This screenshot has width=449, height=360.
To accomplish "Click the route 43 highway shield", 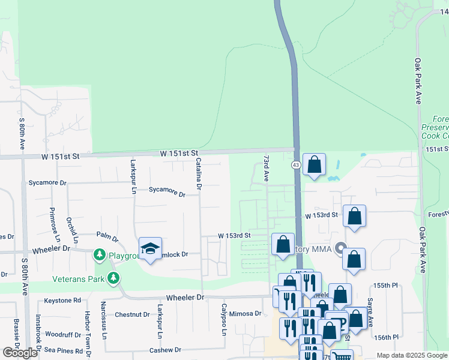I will [296, 164].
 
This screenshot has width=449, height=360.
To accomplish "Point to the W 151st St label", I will [179, 154].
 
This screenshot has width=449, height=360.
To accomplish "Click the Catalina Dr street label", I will [199, 174].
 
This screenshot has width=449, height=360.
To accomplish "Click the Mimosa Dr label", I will [246, 313].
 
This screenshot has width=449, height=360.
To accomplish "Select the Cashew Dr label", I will [166, 350].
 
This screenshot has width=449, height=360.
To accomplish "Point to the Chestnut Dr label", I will [132, 314].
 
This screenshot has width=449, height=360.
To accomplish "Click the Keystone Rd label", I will [62, 300].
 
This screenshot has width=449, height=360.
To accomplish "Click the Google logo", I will [20, 353].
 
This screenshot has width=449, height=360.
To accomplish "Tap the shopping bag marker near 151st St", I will [314, 165].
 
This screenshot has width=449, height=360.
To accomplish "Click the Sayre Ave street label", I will [370, 313].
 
